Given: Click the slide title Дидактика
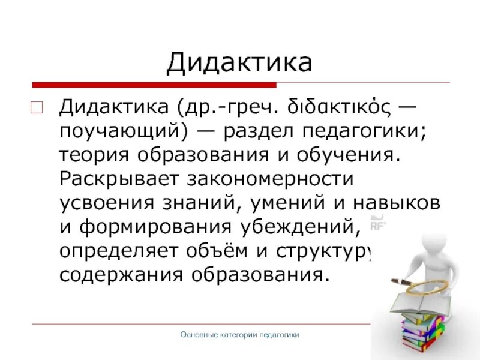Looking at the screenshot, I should (x=239, y=62).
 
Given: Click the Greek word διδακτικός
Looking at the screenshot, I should (x=323, y=110).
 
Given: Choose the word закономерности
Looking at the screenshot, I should (x=269, y=178).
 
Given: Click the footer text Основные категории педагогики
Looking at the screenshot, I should (x=239, y=335).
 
